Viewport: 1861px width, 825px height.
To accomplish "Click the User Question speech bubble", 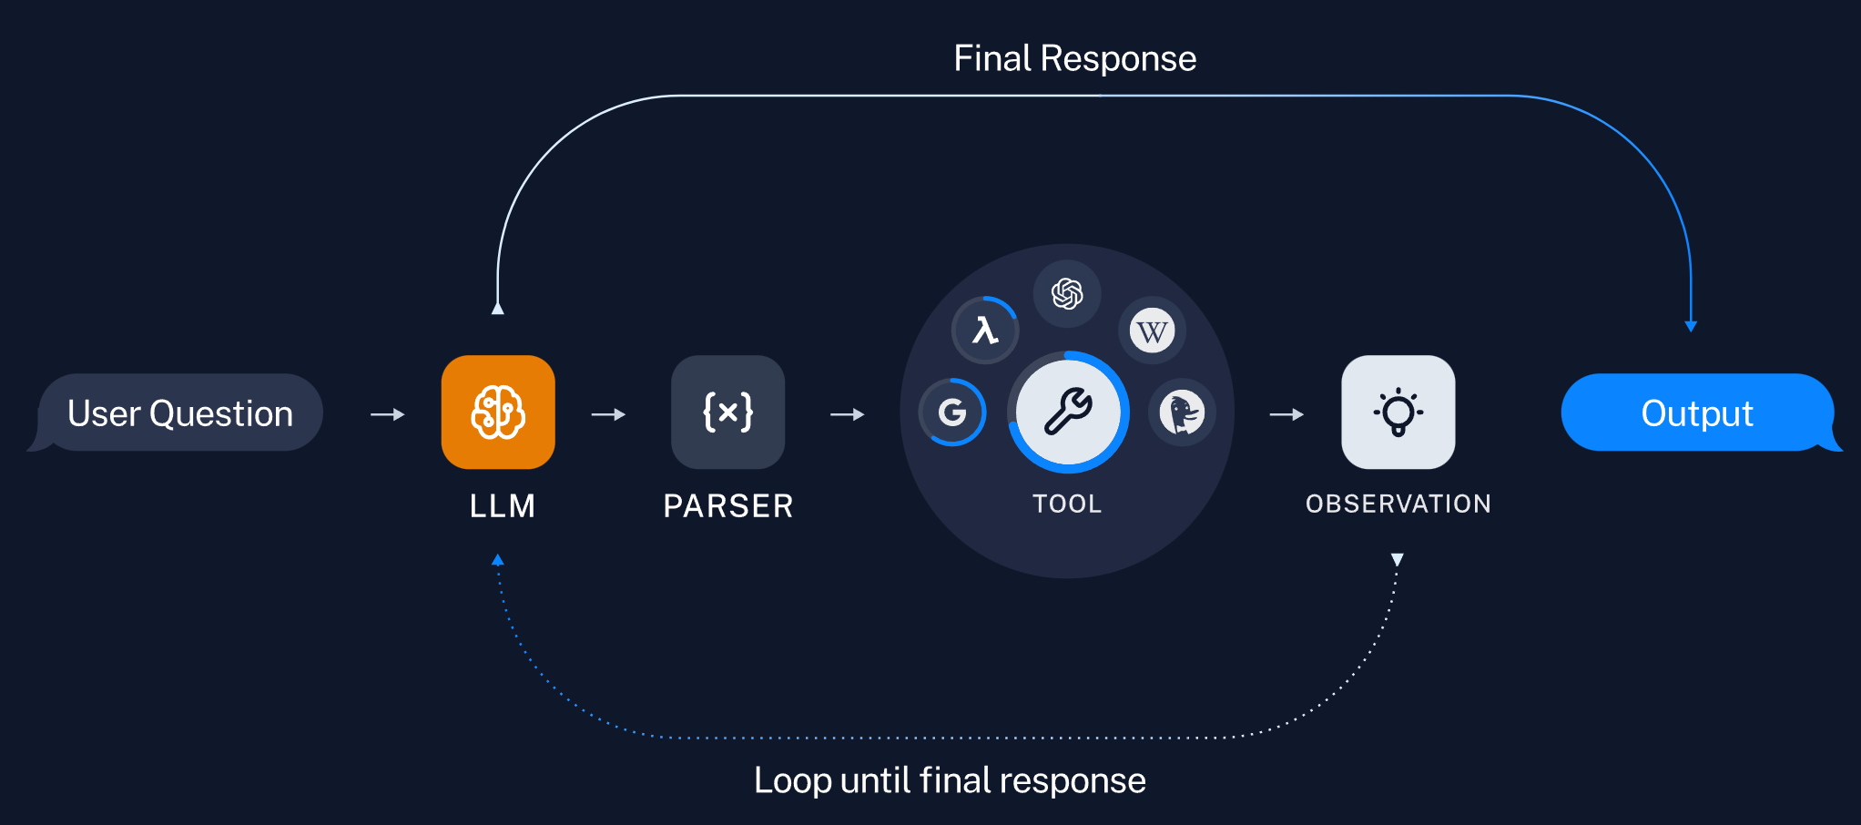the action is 177,412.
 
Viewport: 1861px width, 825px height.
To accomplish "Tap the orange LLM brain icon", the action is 498,412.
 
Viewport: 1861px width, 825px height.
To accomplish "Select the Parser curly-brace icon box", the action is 727,412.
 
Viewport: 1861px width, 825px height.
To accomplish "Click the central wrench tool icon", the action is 1068,412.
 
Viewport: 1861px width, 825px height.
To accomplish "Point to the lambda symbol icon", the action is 985,330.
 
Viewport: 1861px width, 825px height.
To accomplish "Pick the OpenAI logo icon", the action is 1067,293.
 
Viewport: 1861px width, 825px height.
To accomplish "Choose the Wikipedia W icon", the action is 1152,331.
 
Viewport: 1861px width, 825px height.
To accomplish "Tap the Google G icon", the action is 952,412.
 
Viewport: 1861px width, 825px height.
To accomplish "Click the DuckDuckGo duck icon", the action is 1182,412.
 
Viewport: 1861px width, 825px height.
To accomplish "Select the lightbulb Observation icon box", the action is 1398,412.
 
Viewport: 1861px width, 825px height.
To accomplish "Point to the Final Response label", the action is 1075,58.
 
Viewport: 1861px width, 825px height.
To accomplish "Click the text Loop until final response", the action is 950,780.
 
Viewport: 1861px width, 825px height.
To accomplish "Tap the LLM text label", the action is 503,506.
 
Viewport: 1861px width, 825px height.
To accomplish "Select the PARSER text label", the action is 728,506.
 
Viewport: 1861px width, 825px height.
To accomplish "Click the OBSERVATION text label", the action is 1398,504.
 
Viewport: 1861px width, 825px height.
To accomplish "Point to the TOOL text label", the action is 1067,504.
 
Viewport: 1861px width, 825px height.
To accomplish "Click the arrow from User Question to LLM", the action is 388,414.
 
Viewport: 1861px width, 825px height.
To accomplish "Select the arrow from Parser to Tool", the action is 848,414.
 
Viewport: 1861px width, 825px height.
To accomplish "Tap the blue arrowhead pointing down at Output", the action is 1691,326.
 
